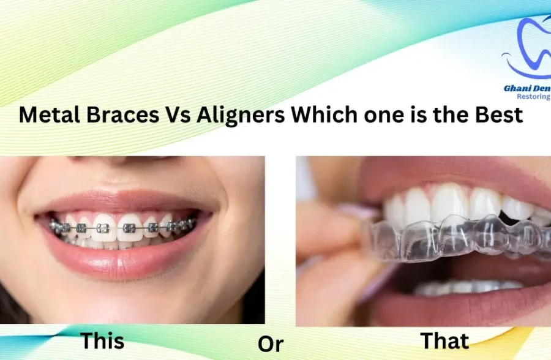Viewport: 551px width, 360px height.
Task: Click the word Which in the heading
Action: click(x=320, y=114)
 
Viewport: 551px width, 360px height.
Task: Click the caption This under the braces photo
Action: click(x=102, y=340)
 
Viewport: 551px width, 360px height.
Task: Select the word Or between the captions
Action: click(x=270, y=344)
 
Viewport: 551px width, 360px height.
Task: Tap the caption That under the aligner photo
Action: click(x=445, y=340)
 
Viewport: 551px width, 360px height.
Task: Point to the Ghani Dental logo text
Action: click(x=527, y=88)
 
